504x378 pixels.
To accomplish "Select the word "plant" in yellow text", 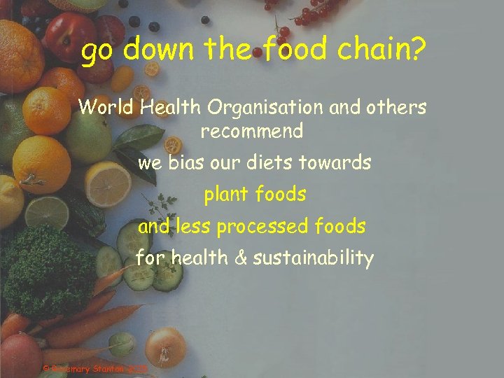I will coord(225,195).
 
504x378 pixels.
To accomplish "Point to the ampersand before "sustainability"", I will coord(241,258).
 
